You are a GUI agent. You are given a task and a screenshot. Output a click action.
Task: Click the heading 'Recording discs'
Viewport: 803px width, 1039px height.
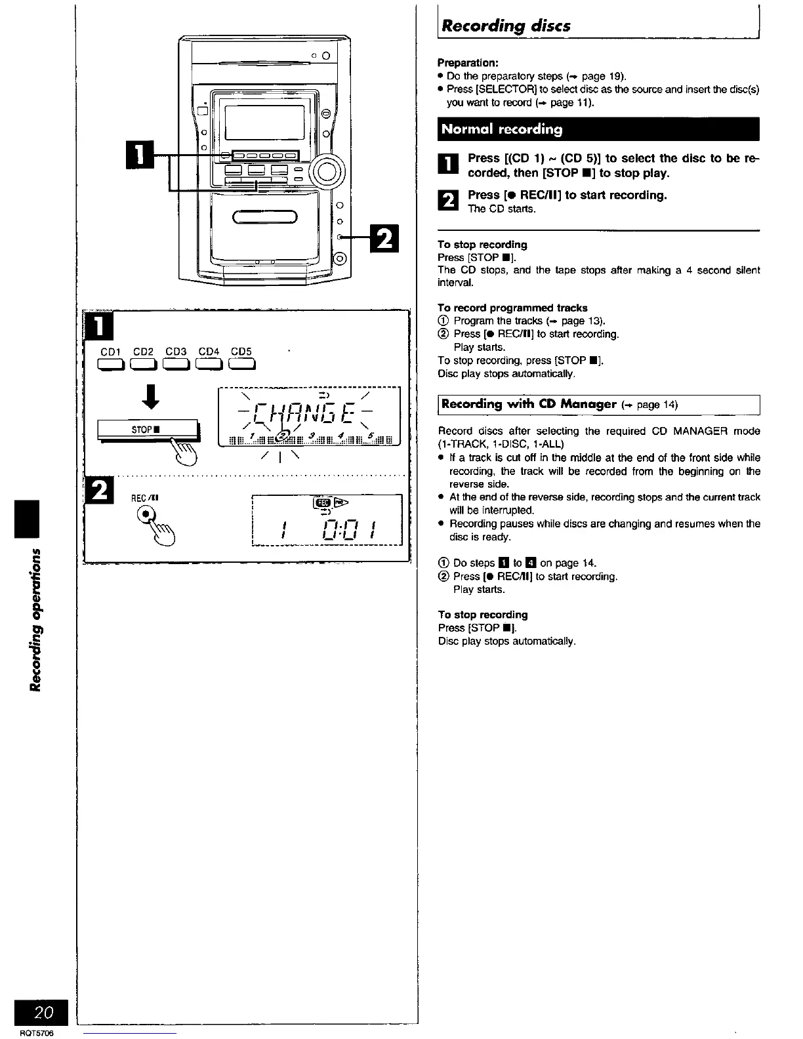506,26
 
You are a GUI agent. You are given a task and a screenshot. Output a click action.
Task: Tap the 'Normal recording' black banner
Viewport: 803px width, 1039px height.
502,129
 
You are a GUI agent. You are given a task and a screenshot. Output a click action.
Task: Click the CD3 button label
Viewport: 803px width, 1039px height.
176,352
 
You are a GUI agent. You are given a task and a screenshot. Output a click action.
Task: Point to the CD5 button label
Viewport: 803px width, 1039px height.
241,352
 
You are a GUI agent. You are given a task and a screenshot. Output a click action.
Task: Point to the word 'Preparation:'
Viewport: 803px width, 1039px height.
468,64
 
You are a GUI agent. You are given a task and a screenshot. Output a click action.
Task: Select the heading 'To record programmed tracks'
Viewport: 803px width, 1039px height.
512,308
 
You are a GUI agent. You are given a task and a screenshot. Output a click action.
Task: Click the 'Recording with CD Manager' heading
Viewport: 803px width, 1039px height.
528,404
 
